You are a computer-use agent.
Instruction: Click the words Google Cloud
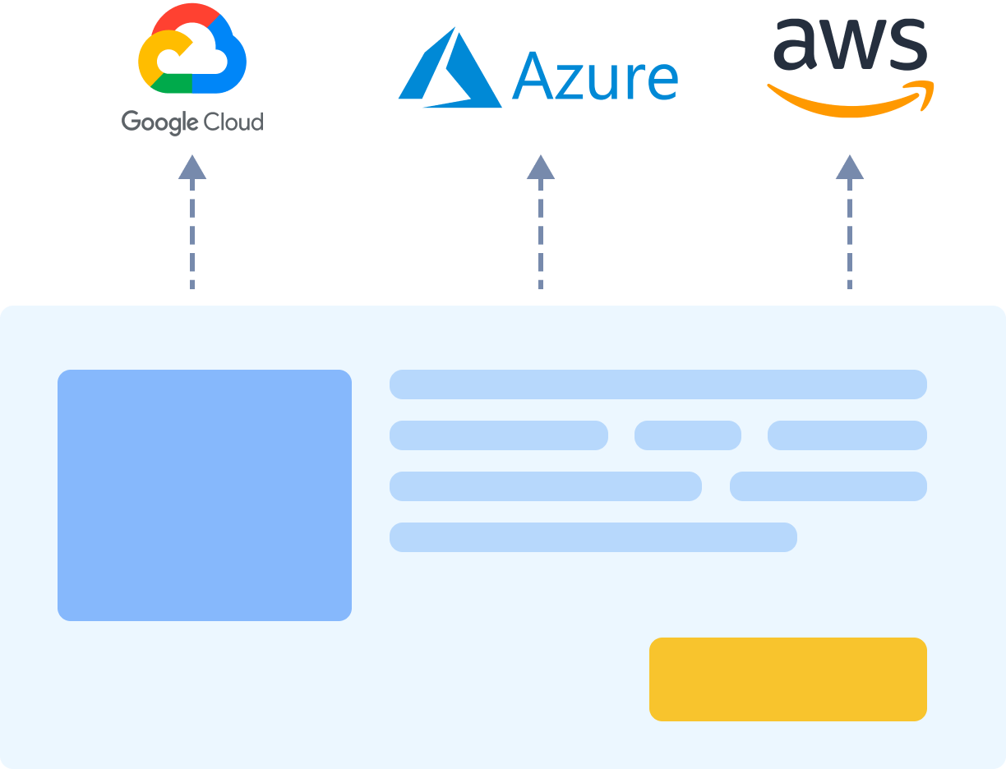pos(192,122)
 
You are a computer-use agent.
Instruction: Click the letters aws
pos(850,45)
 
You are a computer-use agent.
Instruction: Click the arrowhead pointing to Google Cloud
pos(192,168)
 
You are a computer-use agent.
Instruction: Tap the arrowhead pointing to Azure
pos(541,168)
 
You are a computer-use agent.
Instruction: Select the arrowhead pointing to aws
pos(850,168)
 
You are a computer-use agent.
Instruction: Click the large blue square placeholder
pos(205,495)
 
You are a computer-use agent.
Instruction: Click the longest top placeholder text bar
pos(658,384)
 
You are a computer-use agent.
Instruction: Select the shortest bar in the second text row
pos(688,435)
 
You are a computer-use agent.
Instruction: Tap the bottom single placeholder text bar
pos(593,537)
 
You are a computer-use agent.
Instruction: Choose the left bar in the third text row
pos(546,486)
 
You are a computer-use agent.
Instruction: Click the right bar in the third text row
pos(828,486)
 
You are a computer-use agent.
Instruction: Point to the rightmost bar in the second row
pos(847,435)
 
